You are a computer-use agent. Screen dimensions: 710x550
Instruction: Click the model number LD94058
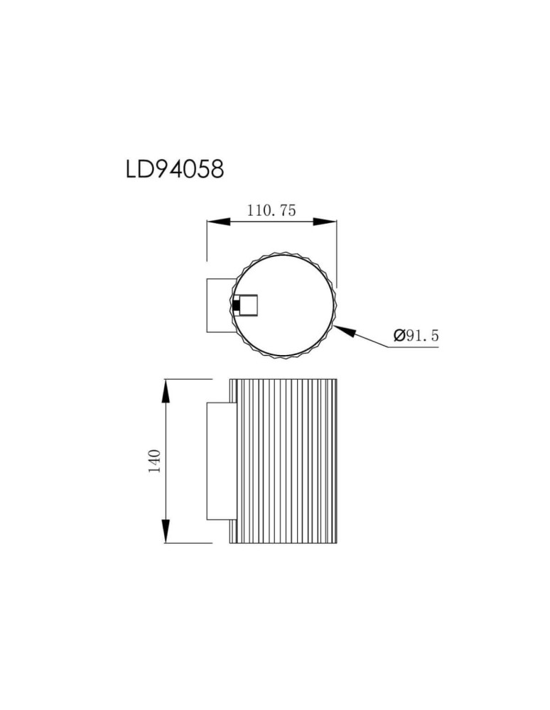[x=174, y=169]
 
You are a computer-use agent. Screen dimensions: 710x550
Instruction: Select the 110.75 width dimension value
[x=271, y=210]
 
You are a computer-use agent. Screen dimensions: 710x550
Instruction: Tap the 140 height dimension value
[x=156, y=461]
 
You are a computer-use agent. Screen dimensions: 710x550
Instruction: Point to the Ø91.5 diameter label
[x=416, y=335]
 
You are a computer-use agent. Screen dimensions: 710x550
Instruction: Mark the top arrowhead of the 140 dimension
[x=166, y=391]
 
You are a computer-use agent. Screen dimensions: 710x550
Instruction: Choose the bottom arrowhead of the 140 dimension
[x=166, y=531]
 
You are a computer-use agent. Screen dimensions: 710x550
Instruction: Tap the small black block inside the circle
[x=235, y=306]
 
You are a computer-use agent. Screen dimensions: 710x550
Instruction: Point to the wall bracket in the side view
[x=217, y=461]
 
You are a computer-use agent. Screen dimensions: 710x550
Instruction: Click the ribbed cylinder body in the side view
[x=284, y=461]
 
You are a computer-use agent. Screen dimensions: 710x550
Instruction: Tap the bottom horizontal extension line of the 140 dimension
[x=188, y=544]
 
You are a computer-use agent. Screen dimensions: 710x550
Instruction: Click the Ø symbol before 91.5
[x=398, y=335]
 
